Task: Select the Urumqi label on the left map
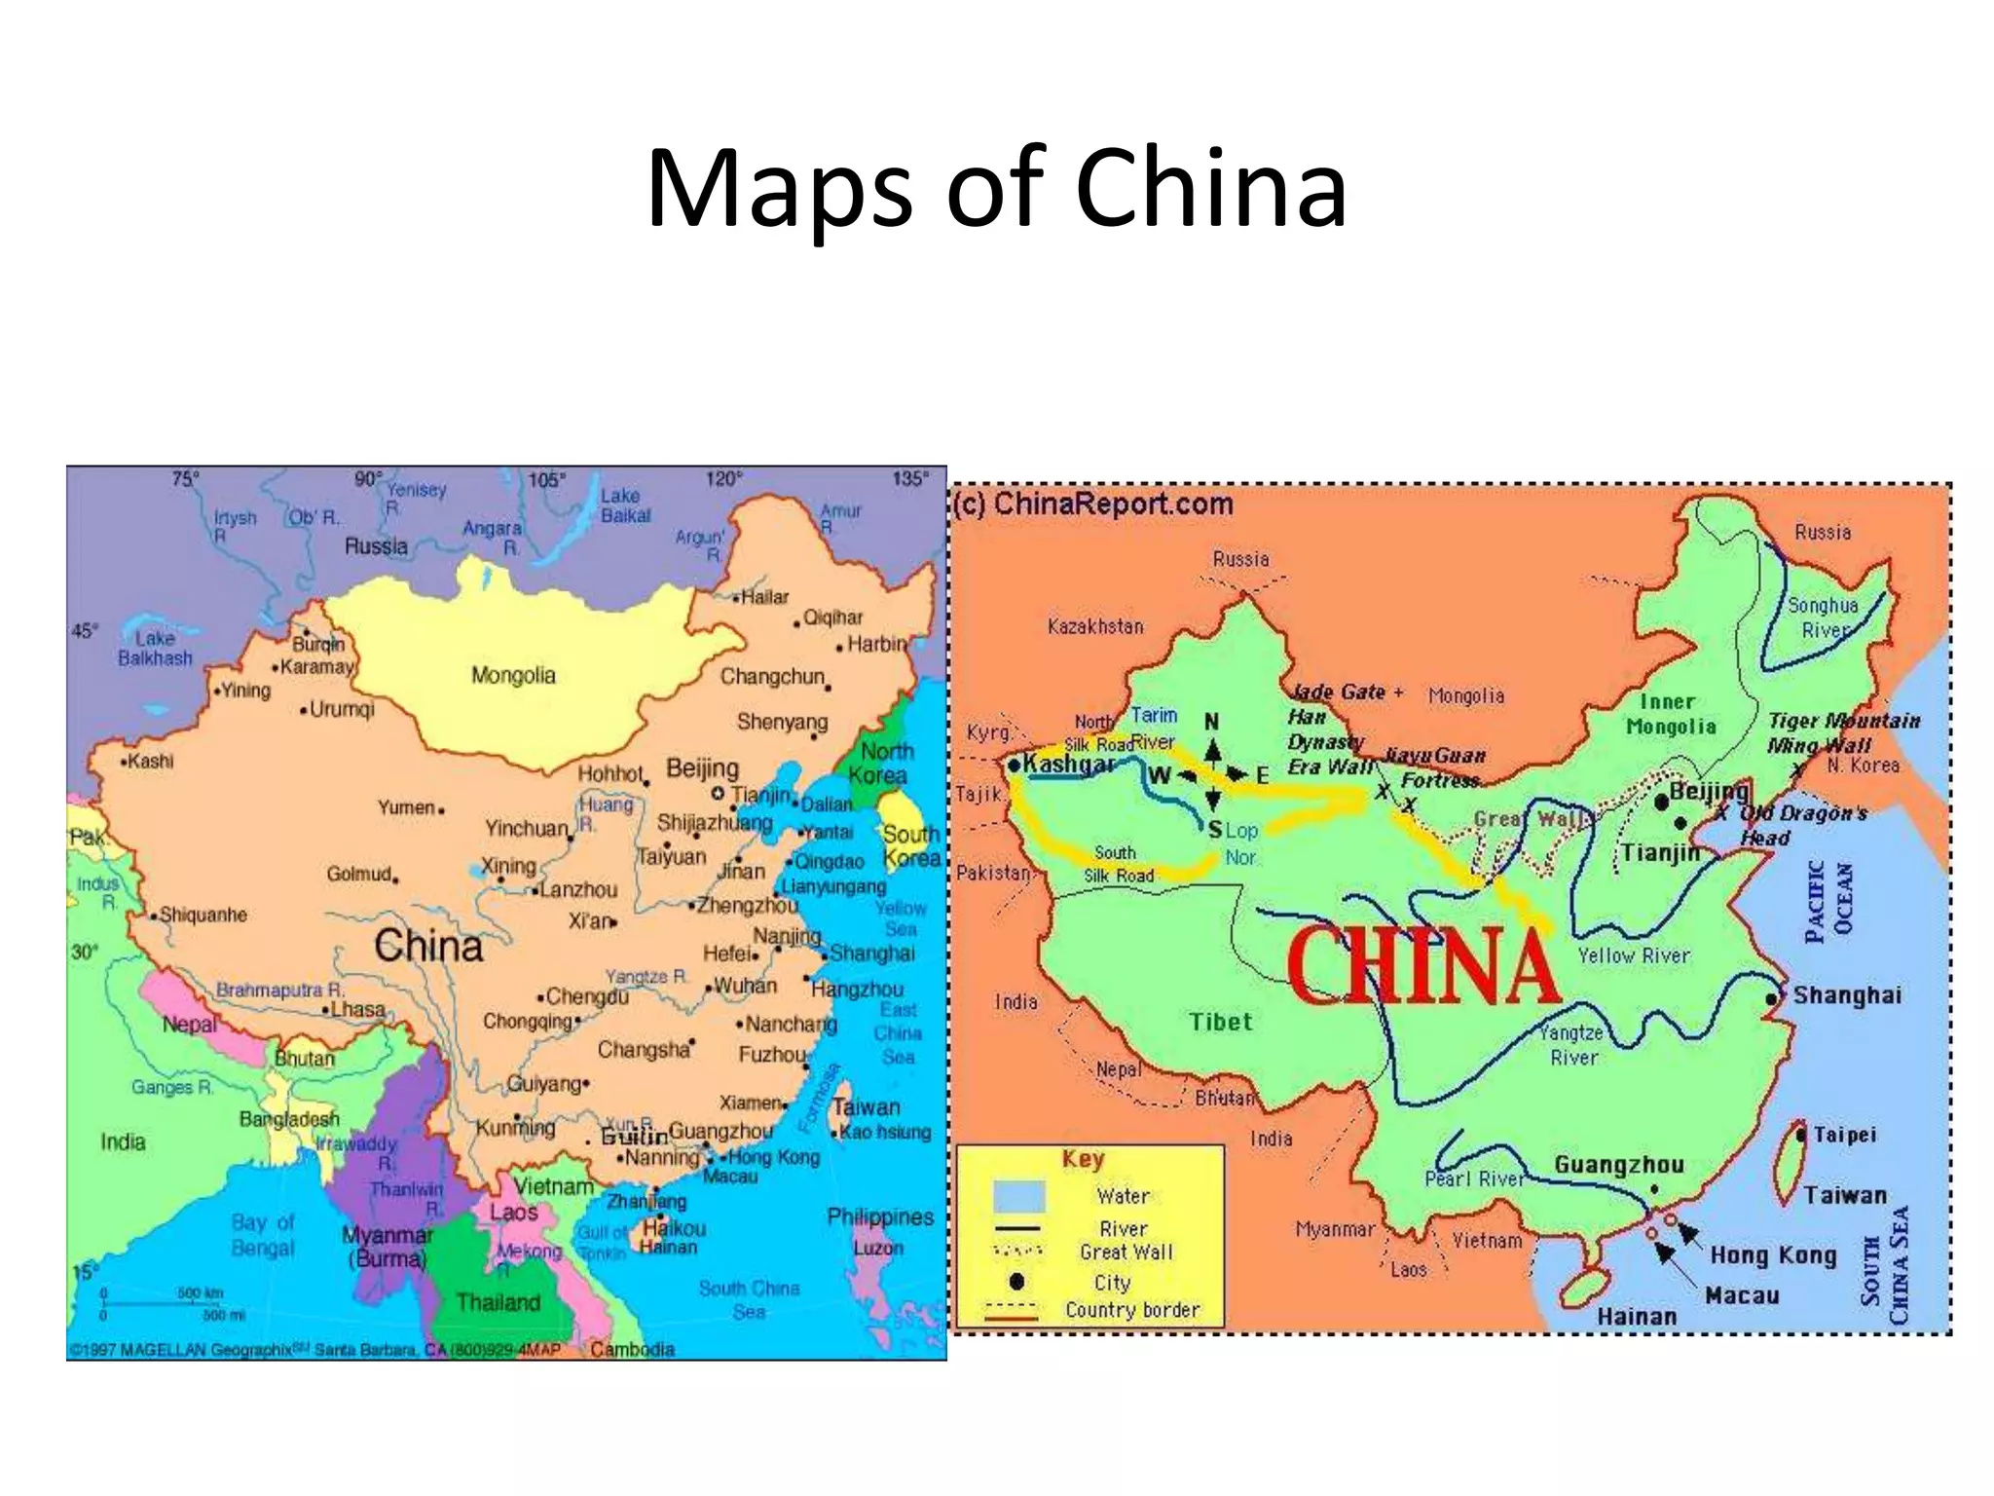pos(341,709)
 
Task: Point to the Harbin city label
pos(876,644)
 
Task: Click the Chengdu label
pos(586,996)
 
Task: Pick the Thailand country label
pos(498,1302)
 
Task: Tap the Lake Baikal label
pos(624,505)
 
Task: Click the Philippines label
pos(879,1216)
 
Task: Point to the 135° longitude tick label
pos(909,478)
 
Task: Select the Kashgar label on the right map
pos(1068,764)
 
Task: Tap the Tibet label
pos(1220,1022)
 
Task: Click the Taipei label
pos(1844,1135)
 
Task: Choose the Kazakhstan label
pos(1095,626)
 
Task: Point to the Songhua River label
pos(1823,617)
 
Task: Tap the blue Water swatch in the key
pos(1018,1196)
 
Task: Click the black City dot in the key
pos(1016,1281)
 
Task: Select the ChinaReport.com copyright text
pos(1092,504)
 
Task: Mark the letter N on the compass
pos(1211,722)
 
